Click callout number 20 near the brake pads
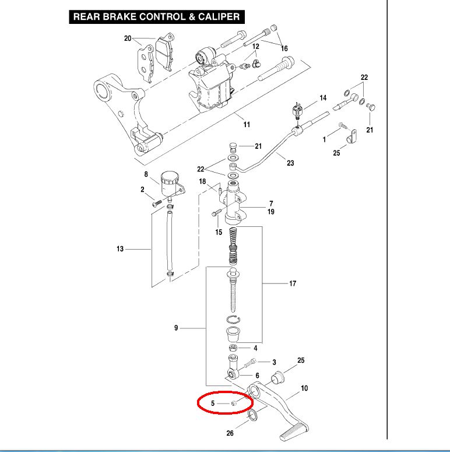click(x=128, y=38)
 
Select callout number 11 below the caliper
click(x=247, y=124)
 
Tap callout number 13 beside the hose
click(x=120, y=249)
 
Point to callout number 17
click(x=293, y=283)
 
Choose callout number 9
click(x=175, y=328)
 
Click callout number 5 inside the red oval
click(x=213, y=403)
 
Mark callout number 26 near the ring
click(x=229, y=433)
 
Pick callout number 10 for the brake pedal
click(x=304, y=388)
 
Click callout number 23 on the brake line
click(x=290, y=163)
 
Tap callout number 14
click(x=323, y=97)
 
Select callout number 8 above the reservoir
click(x=146, y=174)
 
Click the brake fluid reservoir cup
click(x=170, y=178)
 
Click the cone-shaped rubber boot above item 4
click(x=234, y=336)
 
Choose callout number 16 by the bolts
click(x=284, y=48)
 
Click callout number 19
click(x=271, y=212)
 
